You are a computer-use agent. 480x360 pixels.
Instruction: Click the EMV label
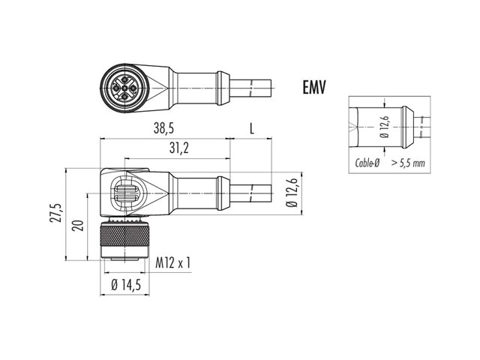[x=314, y=87]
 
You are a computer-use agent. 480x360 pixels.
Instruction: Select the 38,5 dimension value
[x=163, y=128]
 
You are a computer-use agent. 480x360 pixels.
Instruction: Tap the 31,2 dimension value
[x=179, y=148]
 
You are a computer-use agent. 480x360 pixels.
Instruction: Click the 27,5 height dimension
[x=57, y=212]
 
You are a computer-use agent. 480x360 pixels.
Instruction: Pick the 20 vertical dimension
[x=79, y=225]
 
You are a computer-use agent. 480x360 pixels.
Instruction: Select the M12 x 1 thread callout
[x=173, y=262]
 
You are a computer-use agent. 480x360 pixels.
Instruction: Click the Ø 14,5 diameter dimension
[x=126, y=285]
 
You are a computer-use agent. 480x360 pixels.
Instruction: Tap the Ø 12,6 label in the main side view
[x=292, y=193]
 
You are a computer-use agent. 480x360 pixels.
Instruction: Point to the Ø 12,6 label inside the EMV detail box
[x=385, y=127]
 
